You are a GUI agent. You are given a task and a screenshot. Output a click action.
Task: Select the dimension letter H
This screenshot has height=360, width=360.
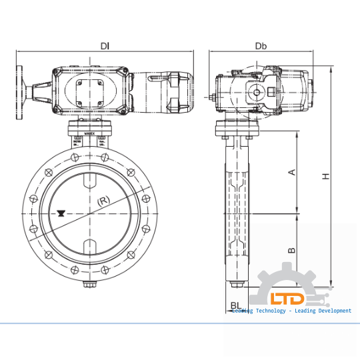click(x=325, y=176)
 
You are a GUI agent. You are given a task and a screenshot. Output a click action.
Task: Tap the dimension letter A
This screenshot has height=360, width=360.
click(x=291, y=173)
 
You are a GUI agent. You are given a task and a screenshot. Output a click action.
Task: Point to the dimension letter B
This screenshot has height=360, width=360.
click(x=291, y=250)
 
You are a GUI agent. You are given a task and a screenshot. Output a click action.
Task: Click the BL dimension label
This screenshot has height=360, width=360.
click(x=235, y=307)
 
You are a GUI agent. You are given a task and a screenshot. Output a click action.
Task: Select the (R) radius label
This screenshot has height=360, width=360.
click(x=103, y=200)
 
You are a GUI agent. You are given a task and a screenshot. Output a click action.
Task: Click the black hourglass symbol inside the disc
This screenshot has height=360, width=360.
click(x=61, y=213)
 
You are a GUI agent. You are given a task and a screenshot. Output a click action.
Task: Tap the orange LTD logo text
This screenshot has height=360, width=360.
click(x=287, y=299)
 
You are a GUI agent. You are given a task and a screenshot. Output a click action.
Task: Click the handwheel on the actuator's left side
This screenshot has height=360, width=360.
click(x=22, y=91)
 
